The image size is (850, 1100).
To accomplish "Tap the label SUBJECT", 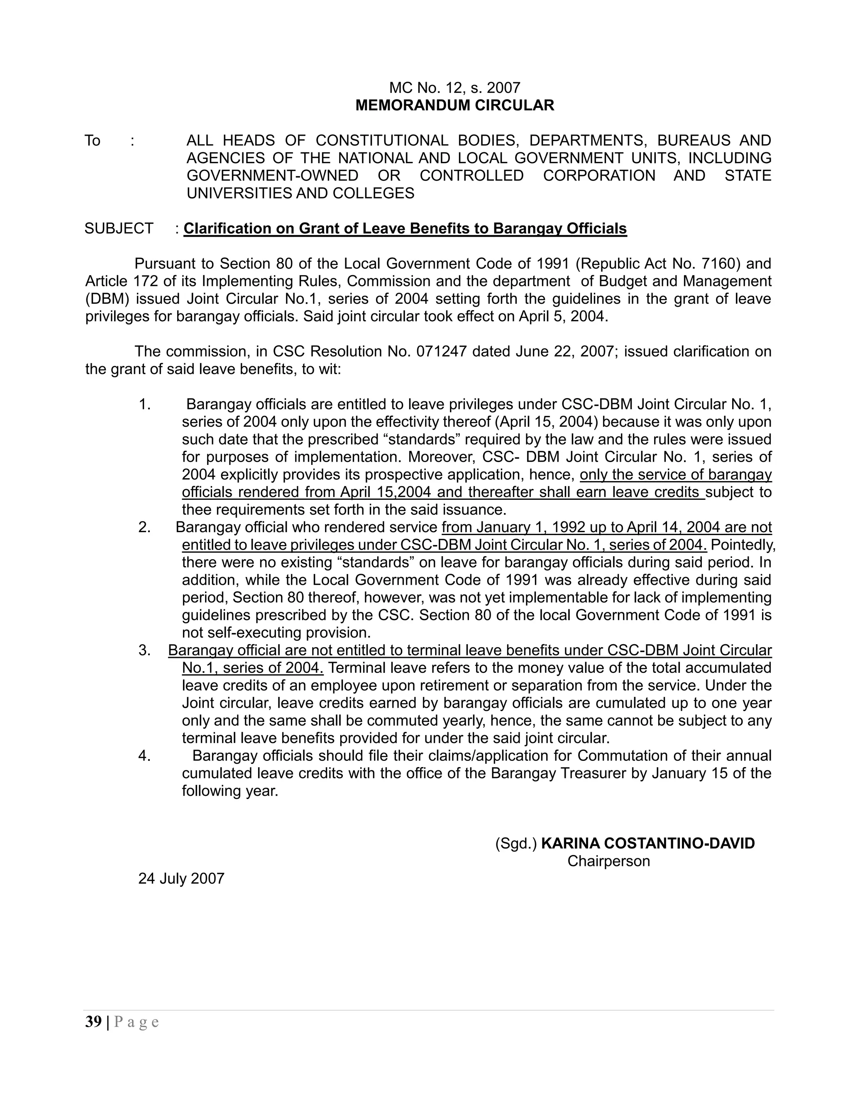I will [x=119, y=228].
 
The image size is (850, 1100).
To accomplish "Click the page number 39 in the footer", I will [x=93, y=1022].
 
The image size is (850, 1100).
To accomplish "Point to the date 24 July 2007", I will [x=181, y=878].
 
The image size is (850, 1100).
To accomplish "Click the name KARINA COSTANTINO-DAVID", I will [x=647, y=843].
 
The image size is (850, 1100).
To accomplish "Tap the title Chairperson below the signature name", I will [x=608, y=861].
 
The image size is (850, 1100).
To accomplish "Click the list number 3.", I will [x=144, y=650].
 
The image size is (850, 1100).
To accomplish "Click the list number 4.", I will [x=144, y=755].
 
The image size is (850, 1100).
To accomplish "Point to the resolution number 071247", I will [x=442, y=351].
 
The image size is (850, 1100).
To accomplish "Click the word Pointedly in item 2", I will [x=743, y=545].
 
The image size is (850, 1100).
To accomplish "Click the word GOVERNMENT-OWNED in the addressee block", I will [x=272, y=175].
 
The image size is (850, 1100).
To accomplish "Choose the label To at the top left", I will [x=93, y=141].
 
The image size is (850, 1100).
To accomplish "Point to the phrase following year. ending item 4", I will [x=230, y=791].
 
